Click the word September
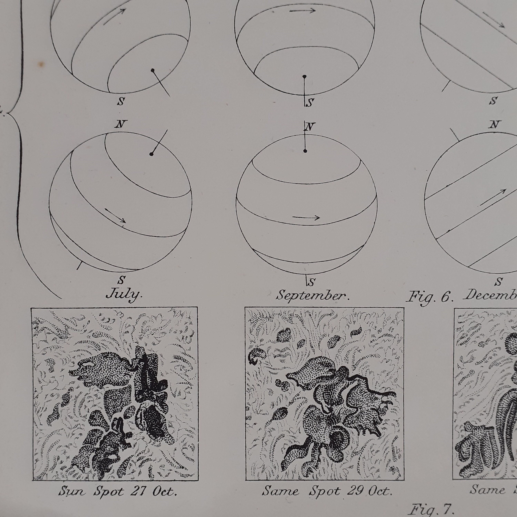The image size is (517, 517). [312, 295]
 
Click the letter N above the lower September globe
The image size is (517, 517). [310, 126]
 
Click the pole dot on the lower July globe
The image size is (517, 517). [151, 154]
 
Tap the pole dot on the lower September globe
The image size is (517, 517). [305, 151]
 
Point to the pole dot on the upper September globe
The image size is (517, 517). [304, 77]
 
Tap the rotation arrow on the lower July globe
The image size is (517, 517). [115, 215]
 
